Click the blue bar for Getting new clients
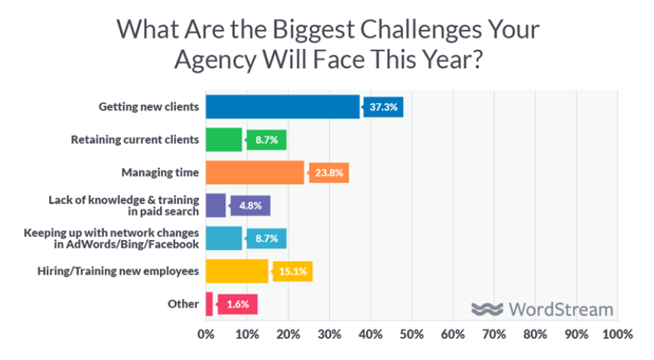[282, 107]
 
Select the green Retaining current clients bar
[223, 140]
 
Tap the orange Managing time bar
[255, 173]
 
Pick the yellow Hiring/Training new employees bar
[236, 271]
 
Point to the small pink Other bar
[209, 304]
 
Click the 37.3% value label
[383, 107]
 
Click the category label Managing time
[161, 173]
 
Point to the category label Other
[184, 304]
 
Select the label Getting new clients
[149, 107]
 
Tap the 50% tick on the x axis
[412, 335]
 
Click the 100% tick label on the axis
[617, 335]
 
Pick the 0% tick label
[206, 335]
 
